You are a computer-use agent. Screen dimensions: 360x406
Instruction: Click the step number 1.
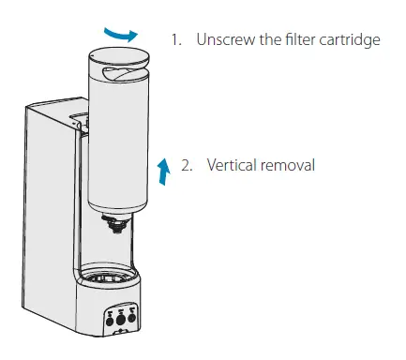[174, 41]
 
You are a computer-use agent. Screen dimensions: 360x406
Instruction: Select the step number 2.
[187, 165]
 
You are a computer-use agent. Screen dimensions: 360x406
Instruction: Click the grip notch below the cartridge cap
[115, 72]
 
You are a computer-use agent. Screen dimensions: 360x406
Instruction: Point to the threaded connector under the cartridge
[116, 222]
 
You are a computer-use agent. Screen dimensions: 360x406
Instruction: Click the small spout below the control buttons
[119, 329]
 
